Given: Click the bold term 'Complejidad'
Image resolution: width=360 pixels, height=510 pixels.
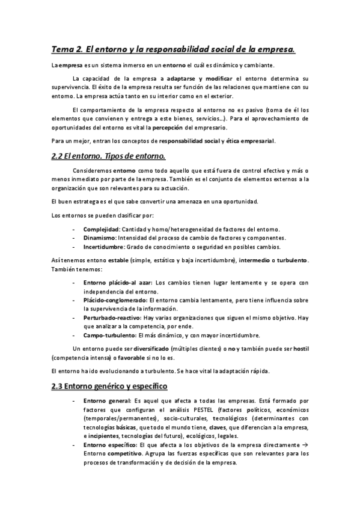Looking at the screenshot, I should [101, 230].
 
